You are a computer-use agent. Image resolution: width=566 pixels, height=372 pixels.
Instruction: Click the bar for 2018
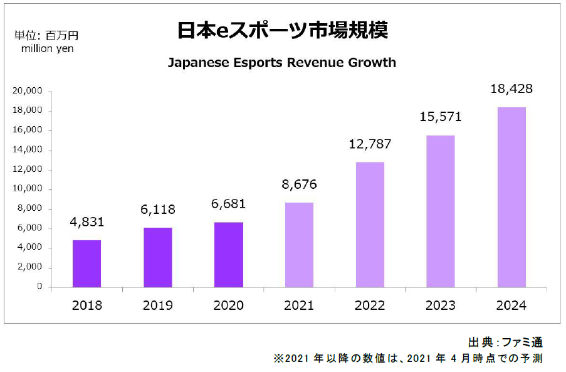point(86,263)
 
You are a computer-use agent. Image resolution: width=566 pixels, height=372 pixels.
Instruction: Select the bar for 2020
point(229,255)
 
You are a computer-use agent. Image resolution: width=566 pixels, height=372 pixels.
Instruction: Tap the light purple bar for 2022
point(370,225)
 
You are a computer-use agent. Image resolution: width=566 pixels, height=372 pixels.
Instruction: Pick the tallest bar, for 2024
point(512,197)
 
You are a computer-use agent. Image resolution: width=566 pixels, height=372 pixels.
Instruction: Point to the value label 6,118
point(158,210)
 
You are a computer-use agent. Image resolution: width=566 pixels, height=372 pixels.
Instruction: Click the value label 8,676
point(300,184)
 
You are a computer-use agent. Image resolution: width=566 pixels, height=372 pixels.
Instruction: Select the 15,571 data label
point(441,117)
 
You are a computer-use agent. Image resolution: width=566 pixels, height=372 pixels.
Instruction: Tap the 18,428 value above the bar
point(512,88)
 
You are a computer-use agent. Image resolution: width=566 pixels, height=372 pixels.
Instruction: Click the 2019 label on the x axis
point(158,306)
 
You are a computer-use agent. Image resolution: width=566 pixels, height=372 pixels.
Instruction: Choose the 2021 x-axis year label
point(300,306)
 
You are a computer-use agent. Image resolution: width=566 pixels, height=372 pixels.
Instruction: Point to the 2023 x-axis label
point(441,306)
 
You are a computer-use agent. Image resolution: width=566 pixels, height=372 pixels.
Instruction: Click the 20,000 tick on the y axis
point(27,91)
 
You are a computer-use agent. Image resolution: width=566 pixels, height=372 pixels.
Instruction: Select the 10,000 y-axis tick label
point(27,189)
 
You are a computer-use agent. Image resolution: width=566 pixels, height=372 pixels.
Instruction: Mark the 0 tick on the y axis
point(39,287)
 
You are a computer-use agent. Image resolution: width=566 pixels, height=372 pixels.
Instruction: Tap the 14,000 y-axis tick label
point(27,150)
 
